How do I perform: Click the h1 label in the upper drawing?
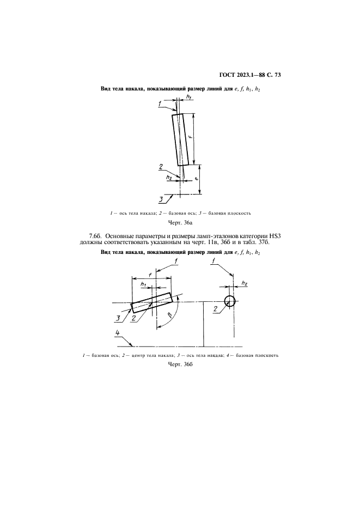pyautogui.click(x=189, y=97)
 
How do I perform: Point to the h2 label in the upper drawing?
pyautogui.click(x=169, y=177)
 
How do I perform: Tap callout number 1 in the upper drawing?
pyautogui.click(x=160, y=102)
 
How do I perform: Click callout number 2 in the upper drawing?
pyautogui.click(x=161, y=166)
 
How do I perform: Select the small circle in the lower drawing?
pyautogui.click(x=230, y=301)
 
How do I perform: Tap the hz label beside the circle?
pyautogui.click(x=243, y=283)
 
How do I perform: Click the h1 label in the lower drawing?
pyautogui.click(x=143, y=284)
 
